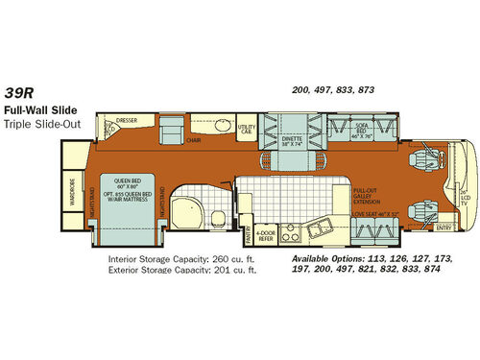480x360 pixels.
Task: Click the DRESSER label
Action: pyautogui.click(x=128, y=121)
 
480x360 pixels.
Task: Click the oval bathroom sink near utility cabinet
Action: pyautogui.click(x=219, y=127)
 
